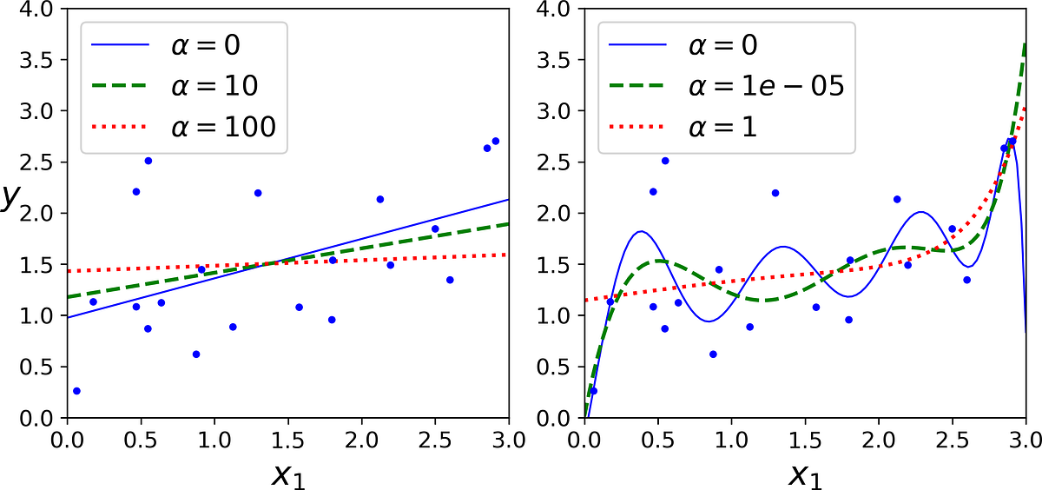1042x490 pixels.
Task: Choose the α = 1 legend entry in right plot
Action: pos(686,127)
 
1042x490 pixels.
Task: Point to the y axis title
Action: pos(10,198)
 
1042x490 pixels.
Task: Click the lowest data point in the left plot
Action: pos(76,391)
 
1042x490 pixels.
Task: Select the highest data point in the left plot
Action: pos(495,141)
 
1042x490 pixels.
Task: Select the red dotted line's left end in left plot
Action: pos(67,271)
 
